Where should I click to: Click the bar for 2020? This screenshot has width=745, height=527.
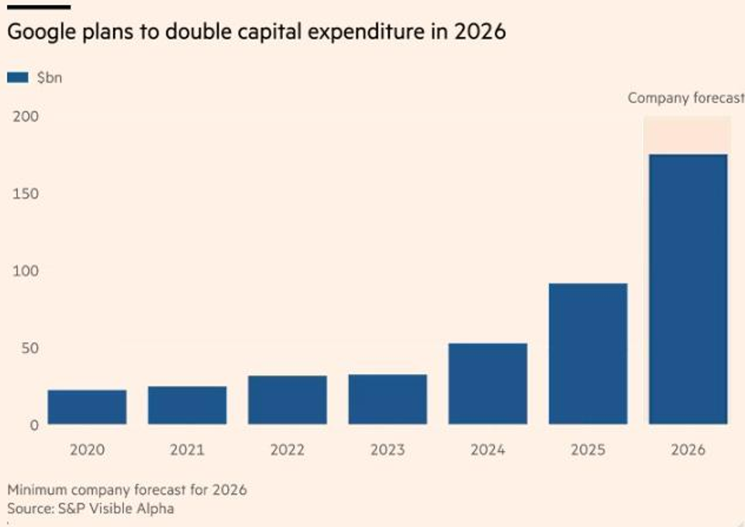[87, 407]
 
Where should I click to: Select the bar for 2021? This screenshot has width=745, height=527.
[187, 405]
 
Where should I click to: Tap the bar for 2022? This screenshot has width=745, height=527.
[287, 400]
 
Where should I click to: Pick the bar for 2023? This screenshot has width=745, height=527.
[388, 399]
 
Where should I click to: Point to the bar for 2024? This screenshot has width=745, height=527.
[488, 383]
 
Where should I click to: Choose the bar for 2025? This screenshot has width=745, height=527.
[588, 353]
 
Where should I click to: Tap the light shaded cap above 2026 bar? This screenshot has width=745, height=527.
[688, 135]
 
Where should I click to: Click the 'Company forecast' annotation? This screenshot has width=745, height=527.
[685, 99]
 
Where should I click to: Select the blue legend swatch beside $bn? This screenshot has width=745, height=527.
[18, 77]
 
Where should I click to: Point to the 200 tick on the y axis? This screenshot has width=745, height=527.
[23, 116]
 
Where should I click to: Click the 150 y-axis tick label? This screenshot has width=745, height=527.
[23, 193]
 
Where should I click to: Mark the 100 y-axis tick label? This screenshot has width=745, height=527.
[23, 271]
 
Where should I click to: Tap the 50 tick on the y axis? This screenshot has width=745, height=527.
[28, 348]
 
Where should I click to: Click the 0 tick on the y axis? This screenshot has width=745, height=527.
[33, 425]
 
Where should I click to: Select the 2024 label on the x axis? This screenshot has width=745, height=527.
[488, 450]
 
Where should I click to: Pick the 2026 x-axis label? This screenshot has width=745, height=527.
[688, 450]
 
